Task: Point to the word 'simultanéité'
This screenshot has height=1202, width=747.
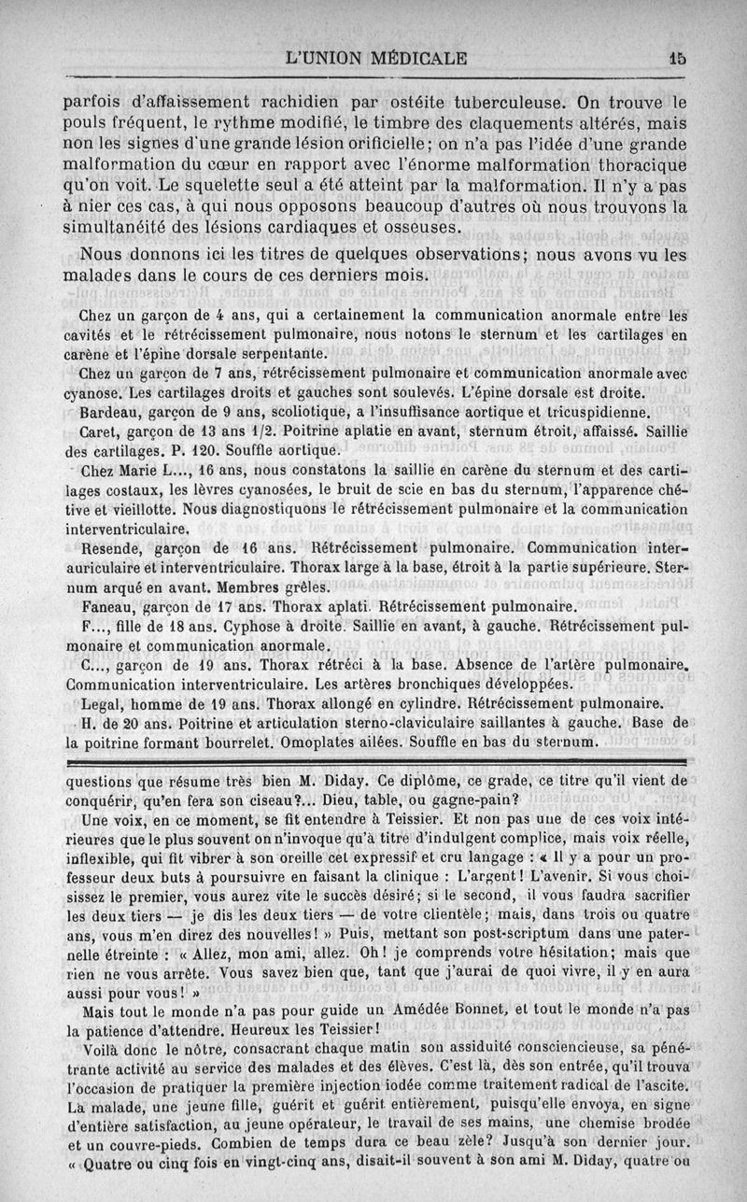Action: pyautogui.click(x=120, y=227)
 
